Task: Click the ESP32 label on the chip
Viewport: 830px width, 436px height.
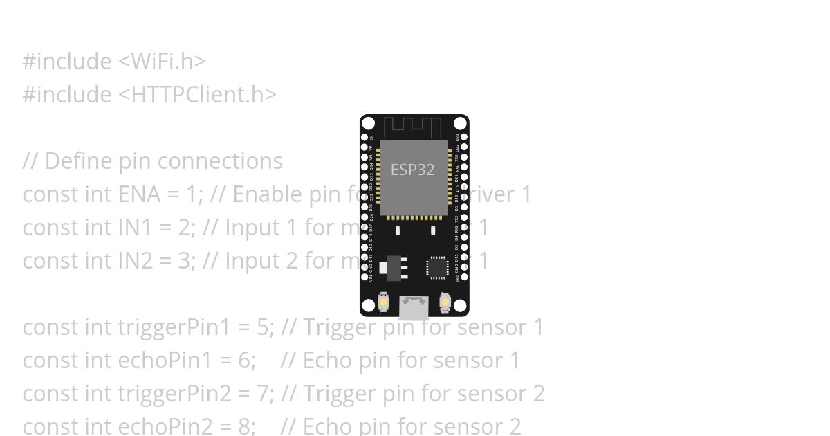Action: click(412, 170)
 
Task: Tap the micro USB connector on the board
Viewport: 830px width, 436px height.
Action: click(414, 307)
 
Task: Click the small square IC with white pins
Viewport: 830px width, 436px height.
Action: click(437, 267)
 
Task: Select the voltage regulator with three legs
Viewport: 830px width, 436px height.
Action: click(394, 268)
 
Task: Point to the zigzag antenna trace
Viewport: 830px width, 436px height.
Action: click(412, 127)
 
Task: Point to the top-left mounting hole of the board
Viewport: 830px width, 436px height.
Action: click(369, 124)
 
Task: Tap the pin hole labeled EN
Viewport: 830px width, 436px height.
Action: click(365, 138)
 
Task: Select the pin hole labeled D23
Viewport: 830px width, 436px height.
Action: click(464, 138)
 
